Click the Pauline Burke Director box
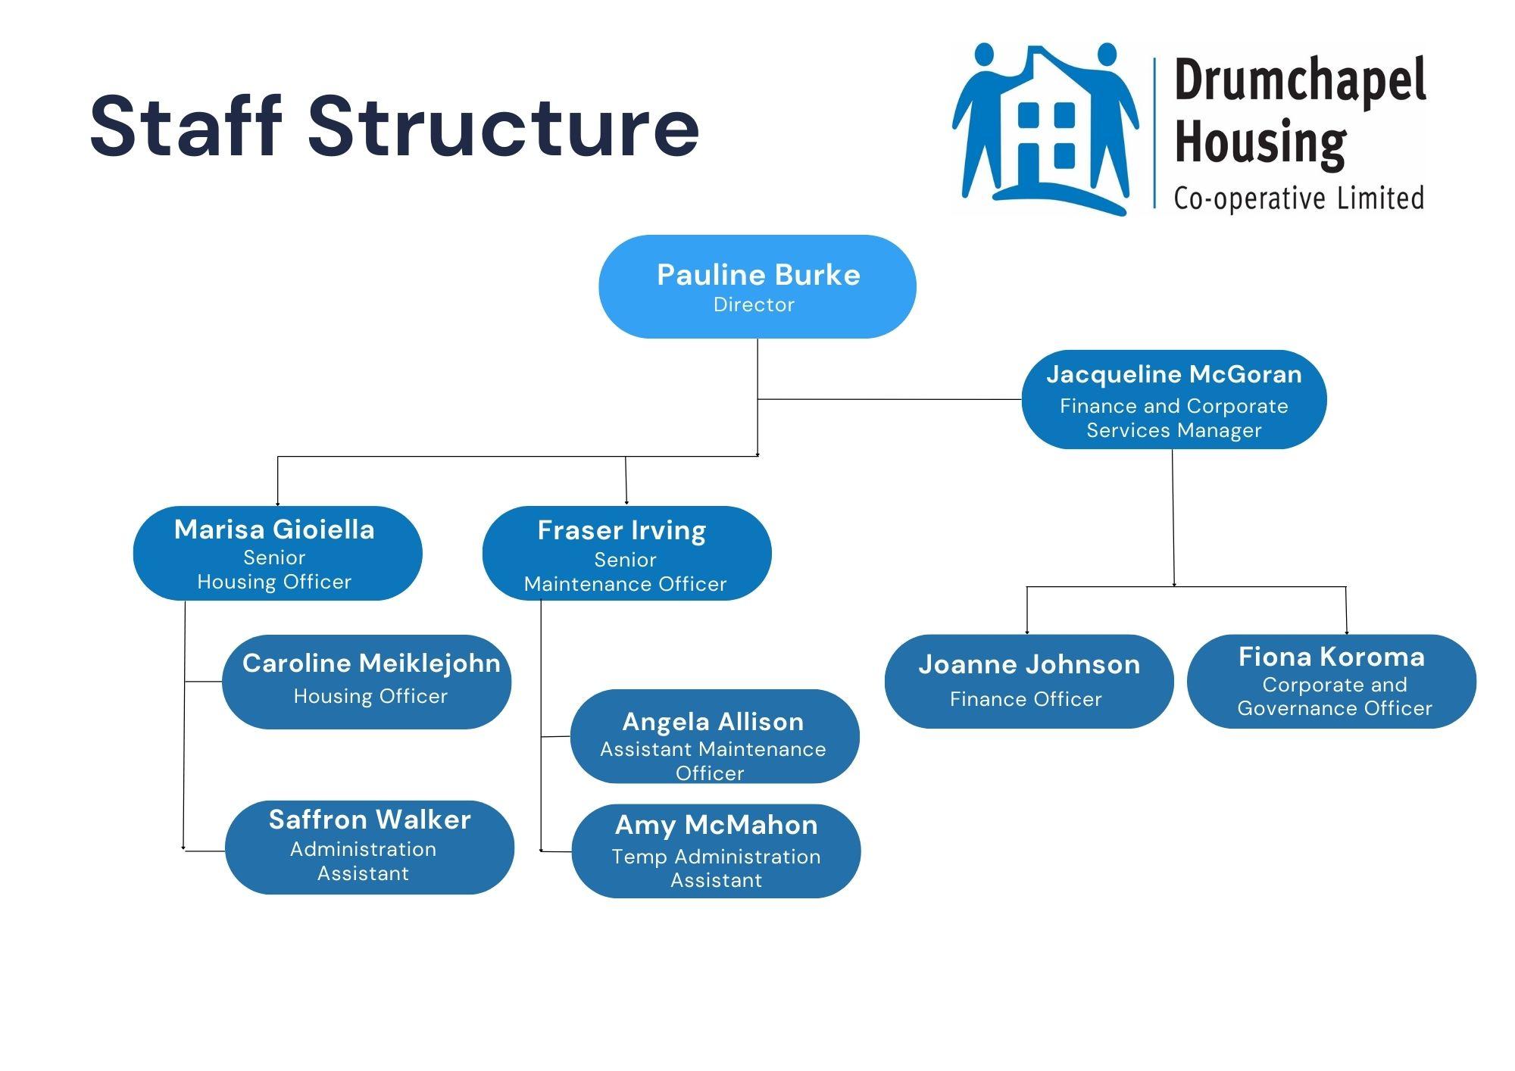pyautogui.click(x=757, y=286)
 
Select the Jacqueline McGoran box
pyautogui.click(x=1173, y=399)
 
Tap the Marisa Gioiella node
pyautogui.click(x=277, y=553)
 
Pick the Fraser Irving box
pyautogui.click(x=626, y=553)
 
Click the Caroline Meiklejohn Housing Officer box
pyautogui.click(x=367, y=682)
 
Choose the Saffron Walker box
pyautogui.click(x=370, y=847)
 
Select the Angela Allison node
pyautogui.click(x=714, y=736)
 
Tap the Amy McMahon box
pyautogui.click(x=716, y=851)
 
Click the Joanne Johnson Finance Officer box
pyautogui.click(x=1029, y=681)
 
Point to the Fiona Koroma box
pyautogui.click(x=1331, y=681)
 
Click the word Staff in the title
pyautogui.click(x=186, y=126)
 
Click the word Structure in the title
pyautogui.click(x=503, y=126)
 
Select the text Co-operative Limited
pyautogui.click(x=1298, y=198)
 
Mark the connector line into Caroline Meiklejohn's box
pyautogui.click(x=203, y=682)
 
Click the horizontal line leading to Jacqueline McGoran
pyautogui.click(x=890, y=399)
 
